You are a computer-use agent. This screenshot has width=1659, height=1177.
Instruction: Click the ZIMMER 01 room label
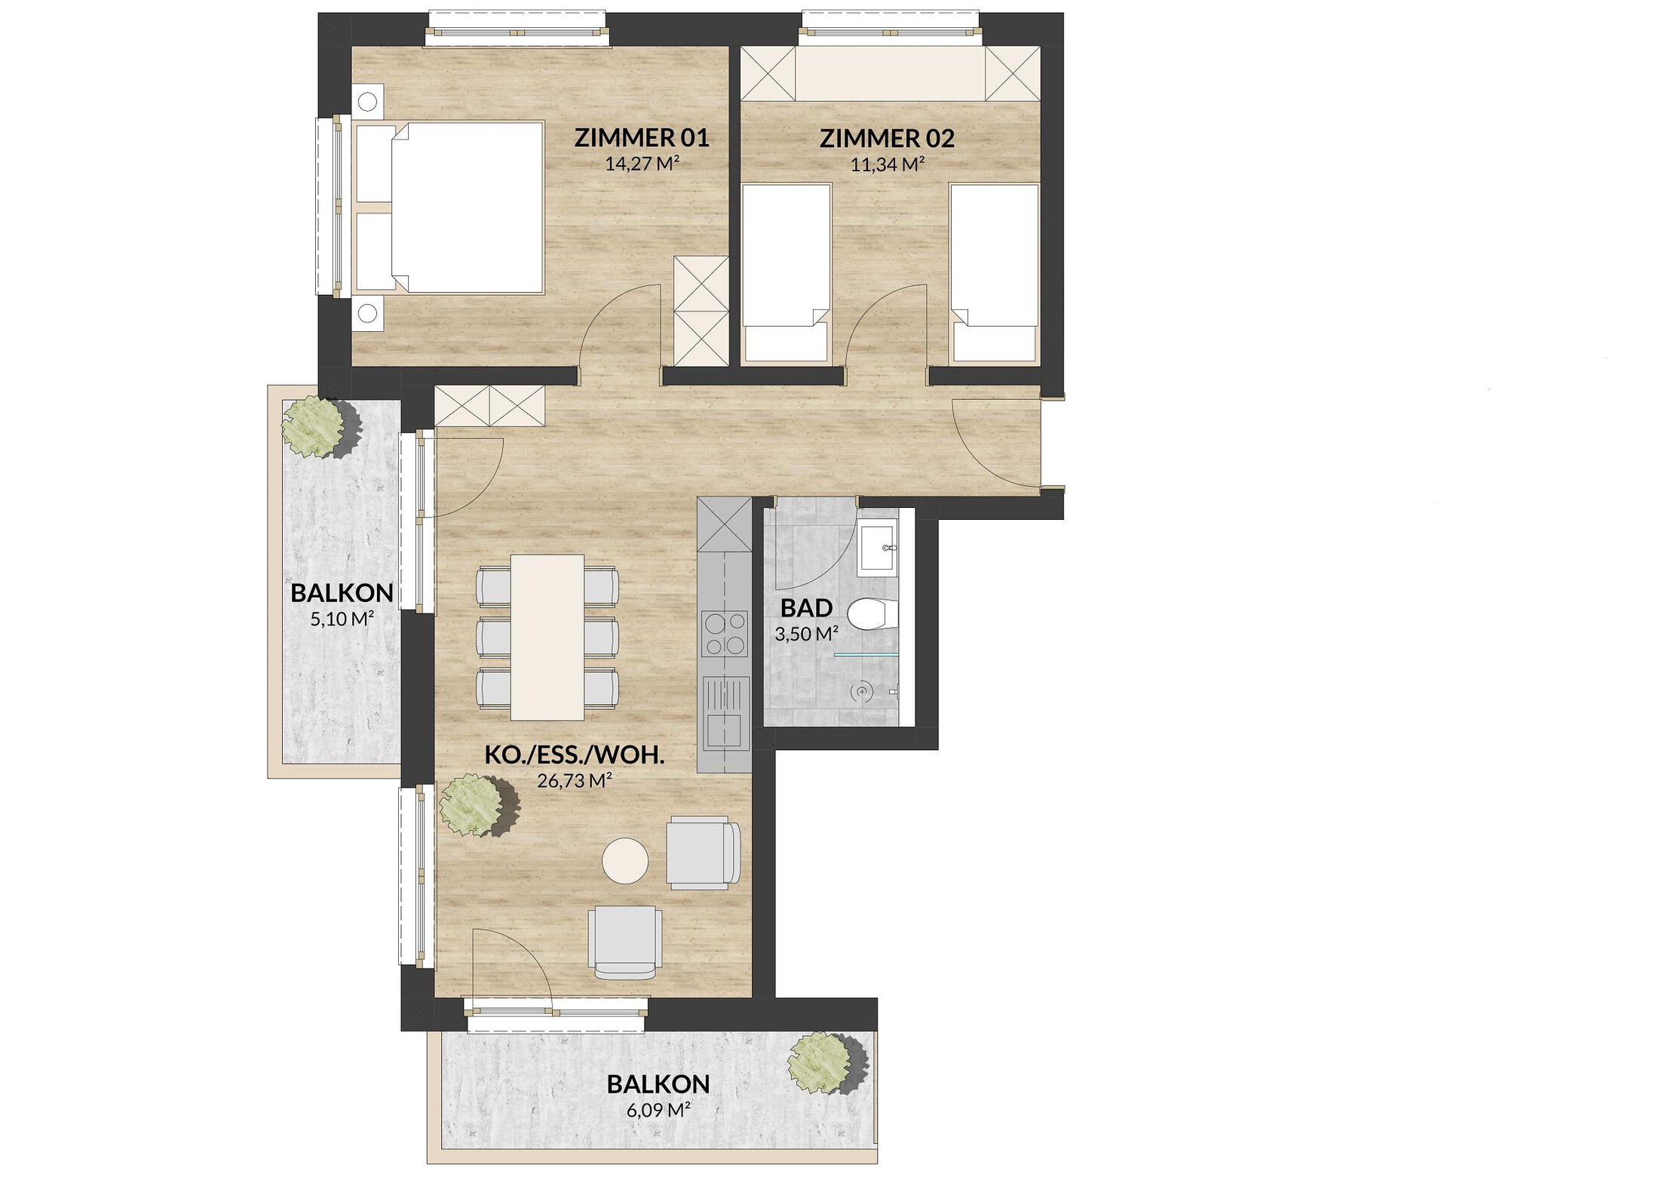pyautogui.click(x=642, y=138)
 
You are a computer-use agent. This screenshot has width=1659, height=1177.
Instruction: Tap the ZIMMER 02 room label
pyautogui.click(x=887, y=139)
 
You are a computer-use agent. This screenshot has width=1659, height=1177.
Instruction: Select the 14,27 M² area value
pyautogui.click(x=637, y=163)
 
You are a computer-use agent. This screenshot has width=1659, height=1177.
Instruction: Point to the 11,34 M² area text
pyautogui.click(x=888, y=164)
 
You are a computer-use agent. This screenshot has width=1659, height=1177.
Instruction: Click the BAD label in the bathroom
pyautogui.click(x=806, y=607)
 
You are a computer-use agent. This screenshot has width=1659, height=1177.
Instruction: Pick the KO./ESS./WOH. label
pyautogui.click(x=575, y=755)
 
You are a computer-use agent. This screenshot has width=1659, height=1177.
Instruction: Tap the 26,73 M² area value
pyautogui.click(x=574, y=780)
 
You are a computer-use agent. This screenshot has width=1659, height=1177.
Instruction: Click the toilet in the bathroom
pyautogui.click(x=873, y=613)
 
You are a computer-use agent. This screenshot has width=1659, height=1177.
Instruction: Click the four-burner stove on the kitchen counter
pyautogui.click(x=724, y=633)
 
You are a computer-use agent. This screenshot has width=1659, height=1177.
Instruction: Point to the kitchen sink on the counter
pyautogui.click(x=725, y=711)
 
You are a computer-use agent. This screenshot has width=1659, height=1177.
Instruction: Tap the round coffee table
pyautogui.click(x=625, y=861)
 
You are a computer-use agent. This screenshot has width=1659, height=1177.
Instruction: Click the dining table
pyautogui.click(x=547, y=638)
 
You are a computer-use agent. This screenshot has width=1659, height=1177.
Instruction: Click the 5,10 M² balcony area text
pyautogui.click(x=342, y=619)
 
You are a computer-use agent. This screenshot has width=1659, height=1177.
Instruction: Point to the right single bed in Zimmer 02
pyautogui.click(x=994, y=272)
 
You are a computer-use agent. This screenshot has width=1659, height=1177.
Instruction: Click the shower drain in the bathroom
pyautogui.click(x=861, y=690)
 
